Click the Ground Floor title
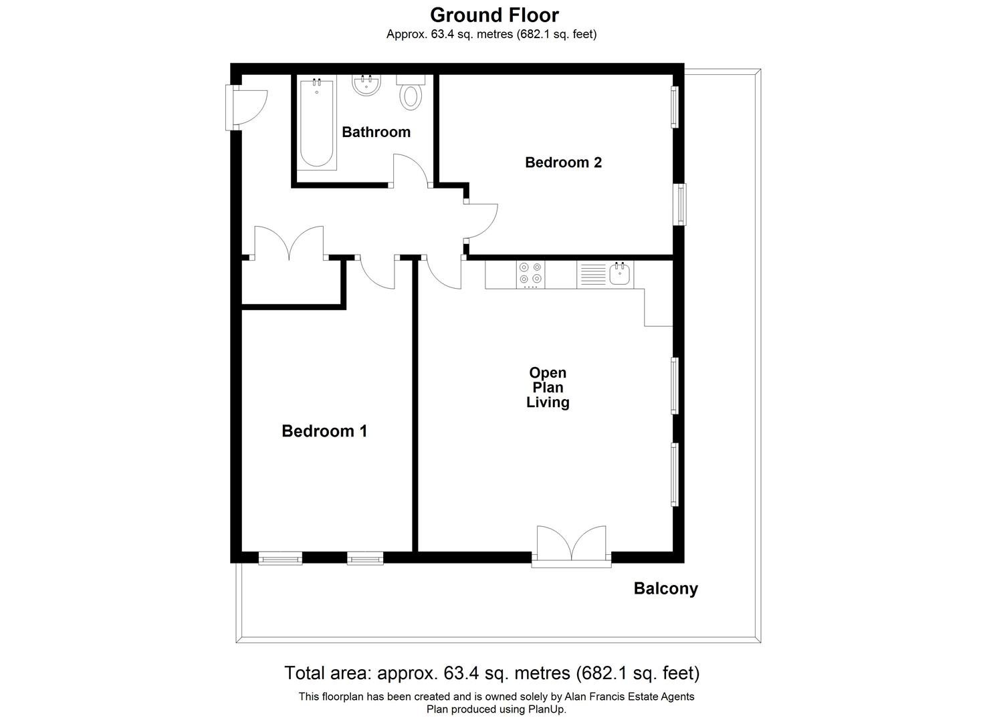(x=494, y=15)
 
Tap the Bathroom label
(x=376, y=132)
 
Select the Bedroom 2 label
(x=563, y=162)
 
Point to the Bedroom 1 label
(x=324, y=431)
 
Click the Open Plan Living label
(x=548, y=388)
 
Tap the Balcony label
(x=665, y=589)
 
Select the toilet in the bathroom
(x=411, y=93)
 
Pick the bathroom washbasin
(x=366, y=85)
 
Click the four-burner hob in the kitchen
(x=531, y=274)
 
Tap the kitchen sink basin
(x=619, y=273)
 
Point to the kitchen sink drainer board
(x=592, y=274)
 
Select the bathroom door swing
(x=410, y=169)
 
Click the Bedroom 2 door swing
(x=481, y=221)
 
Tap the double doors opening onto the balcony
(x=571, y=542)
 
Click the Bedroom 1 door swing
(x=377, y=273)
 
